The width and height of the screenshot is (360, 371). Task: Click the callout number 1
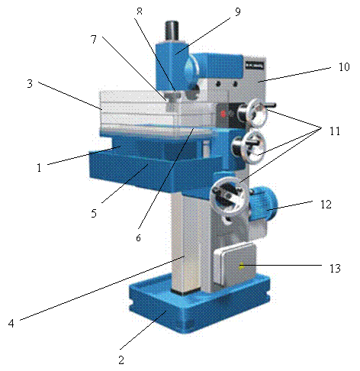(x=39, y=168)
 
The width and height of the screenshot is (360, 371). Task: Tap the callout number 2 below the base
(x=121, y=360)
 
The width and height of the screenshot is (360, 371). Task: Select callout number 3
(x=30, y=83)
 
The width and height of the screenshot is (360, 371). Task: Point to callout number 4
(x=11, y=323)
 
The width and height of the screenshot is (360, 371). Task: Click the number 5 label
(x=94, y=213)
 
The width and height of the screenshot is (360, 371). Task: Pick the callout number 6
(x=138, y=237)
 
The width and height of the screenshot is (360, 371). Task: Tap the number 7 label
(x=94, y=39)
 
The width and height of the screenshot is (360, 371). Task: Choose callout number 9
(x=237, y=11)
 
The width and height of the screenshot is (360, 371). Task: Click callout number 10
(x=344, y=66)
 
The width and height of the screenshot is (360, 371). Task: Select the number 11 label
(x=335, y=131)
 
